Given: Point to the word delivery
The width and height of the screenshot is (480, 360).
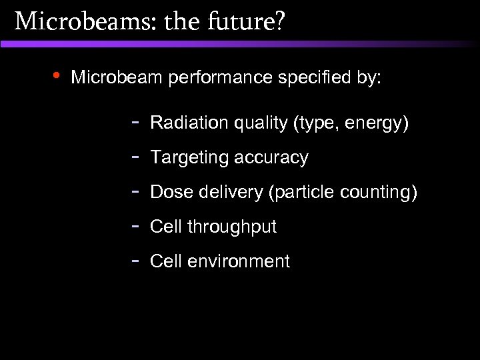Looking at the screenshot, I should tap(226, 193).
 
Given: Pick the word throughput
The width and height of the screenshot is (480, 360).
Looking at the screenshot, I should tap(231, 227).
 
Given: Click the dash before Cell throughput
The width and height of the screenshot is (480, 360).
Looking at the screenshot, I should tap(135, 226).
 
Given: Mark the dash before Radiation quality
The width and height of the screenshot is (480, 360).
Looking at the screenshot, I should tap(135, 122).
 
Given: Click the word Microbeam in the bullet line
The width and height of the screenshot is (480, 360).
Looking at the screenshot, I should tap(117, 78).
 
